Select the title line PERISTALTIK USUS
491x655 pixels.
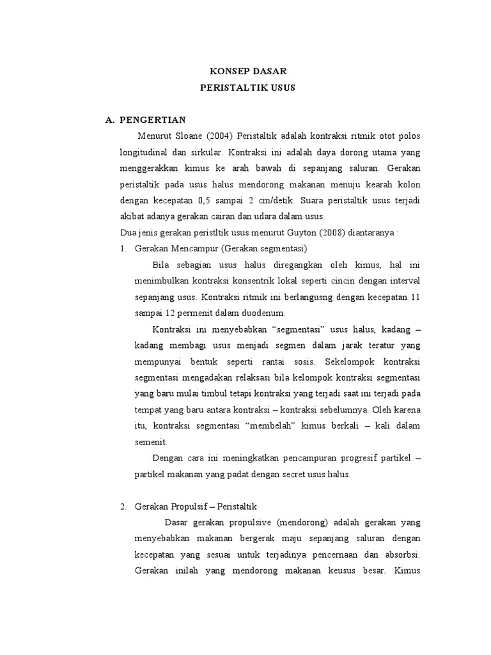(245, 88)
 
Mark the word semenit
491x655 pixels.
(151, 441)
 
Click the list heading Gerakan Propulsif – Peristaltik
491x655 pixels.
(195, 507)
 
